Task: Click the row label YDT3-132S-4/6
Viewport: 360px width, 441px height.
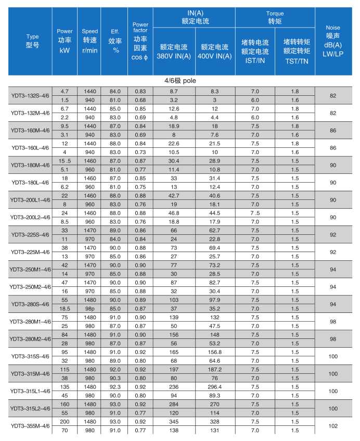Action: click(30, 95)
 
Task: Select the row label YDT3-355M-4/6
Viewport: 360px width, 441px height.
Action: click(30, 426)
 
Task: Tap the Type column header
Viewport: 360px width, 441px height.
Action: click(32, 41)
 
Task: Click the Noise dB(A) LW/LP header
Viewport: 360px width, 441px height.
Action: click(332, 41)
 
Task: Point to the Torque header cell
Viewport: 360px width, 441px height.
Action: click(275, 18)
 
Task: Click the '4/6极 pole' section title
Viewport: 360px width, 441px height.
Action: click(180, 81)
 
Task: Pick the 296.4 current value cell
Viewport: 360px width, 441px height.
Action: click(215, 387)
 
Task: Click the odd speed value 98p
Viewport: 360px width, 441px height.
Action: click(90, 308)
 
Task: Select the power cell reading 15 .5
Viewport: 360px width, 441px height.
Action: click(65, 161)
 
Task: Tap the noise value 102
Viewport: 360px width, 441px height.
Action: click(333, 426)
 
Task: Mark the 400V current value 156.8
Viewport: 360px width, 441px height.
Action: click(215, 352)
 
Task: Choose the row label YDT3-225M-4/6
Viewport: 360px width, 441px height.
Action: click(30, 252)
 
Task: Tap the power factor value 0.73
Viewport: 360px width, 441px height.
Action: click(140, 152)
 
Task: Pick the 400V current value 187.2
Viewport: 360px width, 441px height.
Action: click(215, 369)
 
